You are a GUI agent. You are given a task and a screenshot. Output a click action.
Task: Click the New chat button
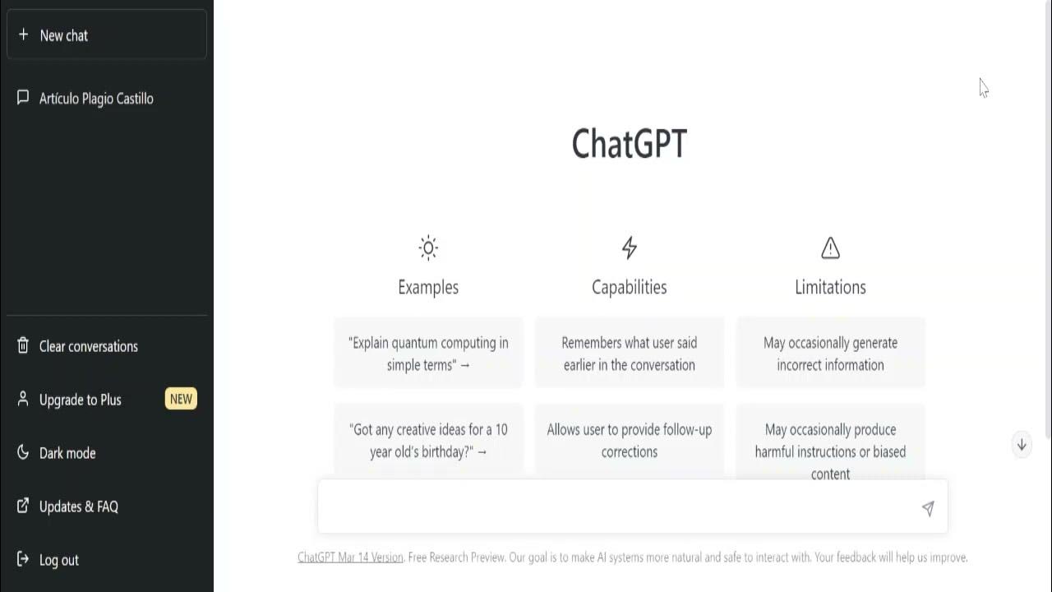[x=106, y=35]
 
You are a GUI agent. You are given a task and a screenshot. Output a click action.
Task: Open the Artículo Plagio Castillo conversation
[x=96, y=99]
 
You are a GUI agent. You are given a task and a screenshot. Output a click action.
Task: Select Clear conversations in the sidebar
[x=88, y=346]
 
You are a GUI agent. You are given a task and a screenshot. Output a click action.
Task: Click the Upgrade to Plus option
[x=80, y=400]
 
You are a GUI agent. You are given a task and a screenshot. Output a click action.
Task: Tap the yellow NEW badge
[x=181, y=400]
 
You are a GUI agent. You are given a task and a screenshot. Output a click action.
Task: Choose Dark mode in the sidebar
[x=67, y=453]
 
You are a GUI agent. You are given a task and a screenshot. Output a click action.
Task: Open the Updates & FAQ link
[x=78, y=506]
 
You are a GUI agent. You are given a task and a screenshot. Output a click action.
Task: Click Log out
[x=58, y=560]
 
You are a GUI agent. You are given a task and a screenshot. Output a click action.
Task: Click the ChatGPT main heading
[x=629, y=144]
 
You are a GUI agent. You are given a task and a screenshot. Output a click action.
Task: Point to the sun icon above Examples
[x=428, y=247]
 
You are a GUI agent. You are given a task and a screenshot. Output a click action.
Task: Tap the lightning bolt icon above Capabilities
[x=629, y=247]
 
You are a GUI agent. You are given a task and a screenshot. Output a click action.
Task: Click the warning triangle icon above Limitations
[x=830, y=247]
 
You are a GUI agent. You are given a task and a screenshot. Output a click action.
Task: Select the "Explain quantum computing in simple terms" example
[x=428, y=354]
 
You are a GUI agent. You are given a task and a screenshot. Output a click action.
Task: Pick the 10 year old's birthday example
[x=428, y=440]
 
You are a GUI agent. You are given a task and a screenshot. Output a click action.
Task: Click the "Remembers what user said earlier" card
[x=629, y=354]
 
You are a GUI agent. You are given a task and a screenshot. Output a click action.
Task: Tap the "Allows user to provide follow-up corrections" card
[x=629, y=440]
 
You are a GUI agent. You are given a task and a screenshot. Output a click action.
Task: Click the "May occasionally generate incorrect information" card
[x=830, y=354]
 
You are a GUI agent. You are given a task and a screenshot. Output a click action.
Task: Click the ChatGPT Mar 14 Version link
[x=350, y=557]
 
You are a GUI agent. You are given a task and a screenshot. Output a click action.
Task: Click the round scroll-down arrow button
[x=1022, y=445]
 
